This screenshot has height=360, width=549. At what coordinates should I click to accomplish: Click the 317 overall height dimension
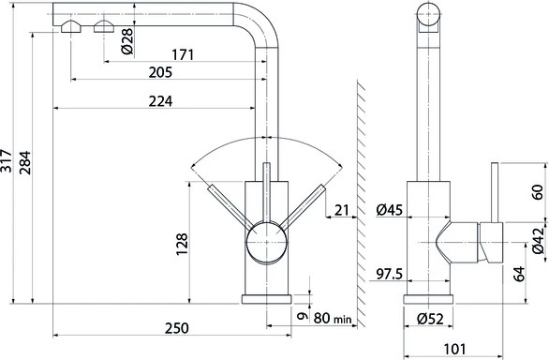(x=7, y=160)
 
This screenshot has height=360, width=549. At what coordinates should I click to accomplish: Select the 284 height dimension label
(x=25, y=162)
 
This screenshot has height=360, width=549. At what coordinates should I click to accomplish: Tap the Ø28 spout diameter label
(x=127, y=41)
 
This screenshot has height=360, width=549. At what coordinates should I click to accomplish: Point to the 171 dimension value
(x=183, y=54)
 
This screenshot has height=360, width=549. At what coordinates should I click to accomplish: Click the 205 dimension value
(x=160, y=72)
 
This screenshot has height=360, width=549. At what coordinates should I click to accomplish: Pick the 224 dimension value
(x=160, y=101)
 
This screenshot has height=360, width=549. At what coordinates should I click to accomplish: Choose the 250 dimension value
(x=177, y=328)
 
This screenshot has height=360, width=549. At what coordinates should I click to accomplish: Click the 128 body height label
(x=182, y=244)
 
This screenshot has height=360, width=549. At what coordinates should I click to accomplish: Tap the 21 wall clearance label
(x=341, y=210)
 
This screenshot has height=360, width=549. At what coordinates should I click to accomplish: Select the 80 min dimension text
(x=333, y=319)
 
